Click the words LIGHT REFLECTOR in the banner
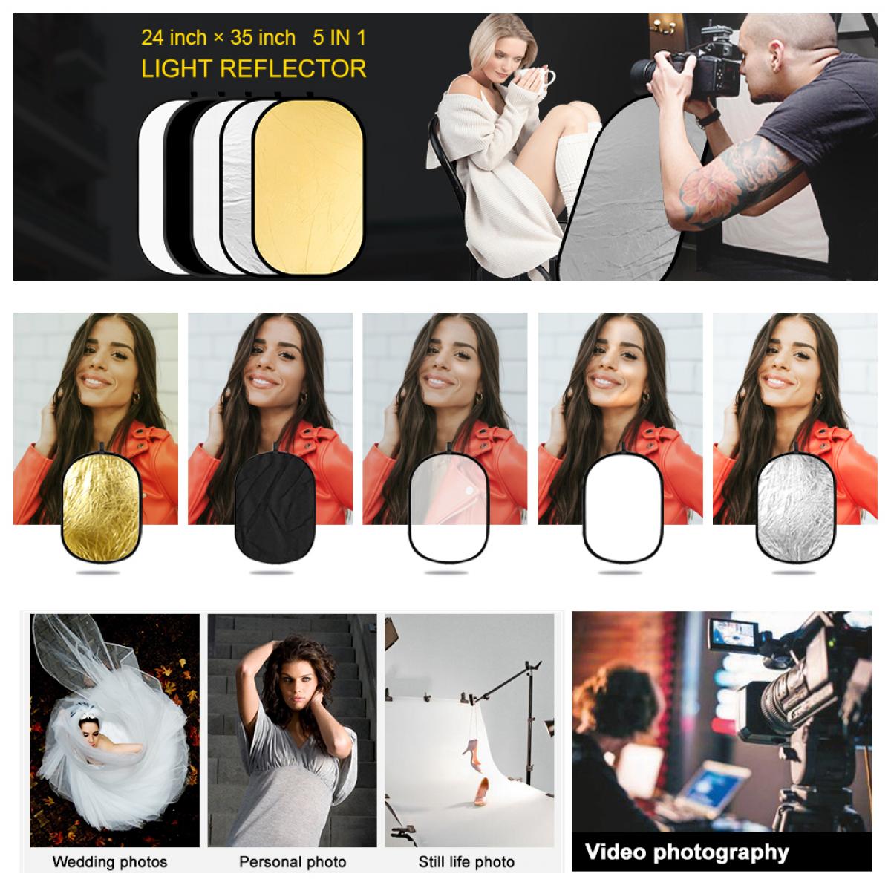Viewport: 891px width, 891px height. [253, 68]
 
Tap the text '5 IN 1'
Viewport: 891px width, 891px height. [339, 37]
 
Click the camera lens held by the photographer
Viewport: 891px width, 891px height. [651, 69]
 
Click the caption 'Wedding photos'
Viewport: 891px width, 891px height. [110, 861]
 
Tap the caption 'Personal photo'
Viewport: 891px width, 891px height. [293, 862]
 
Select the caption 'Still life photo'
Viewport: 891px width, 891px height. [466, 862]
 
